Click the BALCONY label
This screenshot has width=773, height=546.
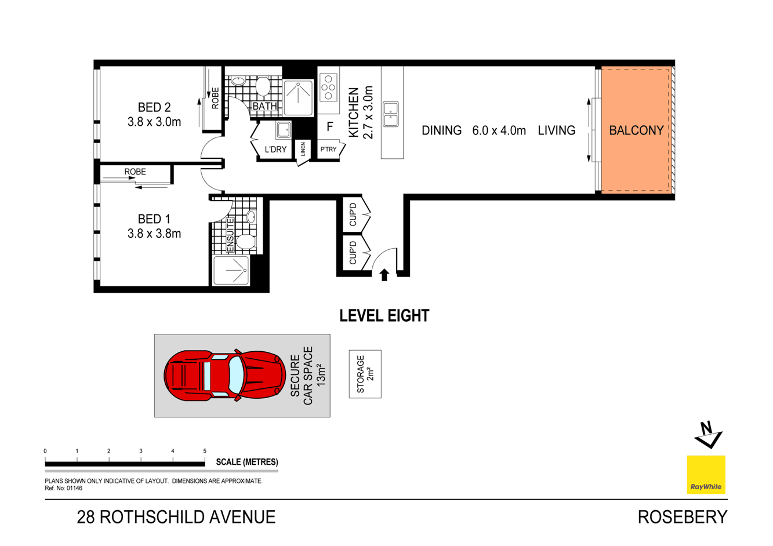pos(636,130)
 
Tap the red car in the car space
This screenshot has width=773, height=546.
pos(223,375)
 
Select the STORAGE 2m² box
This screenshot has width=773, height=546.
pos(365,374)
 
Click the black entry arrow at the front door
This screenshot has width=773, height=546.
pos(384,274)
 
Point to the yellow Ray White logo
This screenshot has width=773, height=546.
pos(706,474)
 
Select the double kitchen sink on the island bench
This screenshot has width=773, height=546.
pos(391,114)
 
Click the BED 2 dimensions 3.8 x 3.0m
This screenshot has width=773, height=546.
pos(154,122)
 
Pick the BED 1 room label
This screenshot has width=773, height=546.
pos(154,219)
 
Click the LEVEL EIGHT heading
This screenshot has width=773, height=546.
pos(384,316)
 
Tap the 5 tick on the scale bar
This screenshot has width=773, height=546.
pos(205,451)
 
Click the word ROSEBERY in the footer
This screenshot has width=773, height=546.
pos(682,517)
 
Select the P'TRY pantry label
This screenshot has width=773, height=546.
pos(328,150)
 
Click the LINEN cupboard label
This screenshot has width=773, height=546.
pos(303,150)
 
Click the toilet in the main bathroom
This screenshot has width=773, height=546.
pos(263,86)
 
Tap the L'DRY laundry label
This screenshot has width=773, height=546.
pos(275,150)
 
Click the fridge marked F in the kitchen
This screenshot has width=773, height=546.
pos(329,127)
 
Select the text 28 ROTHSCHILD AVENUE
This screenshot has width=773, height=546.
pos(176,517)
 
